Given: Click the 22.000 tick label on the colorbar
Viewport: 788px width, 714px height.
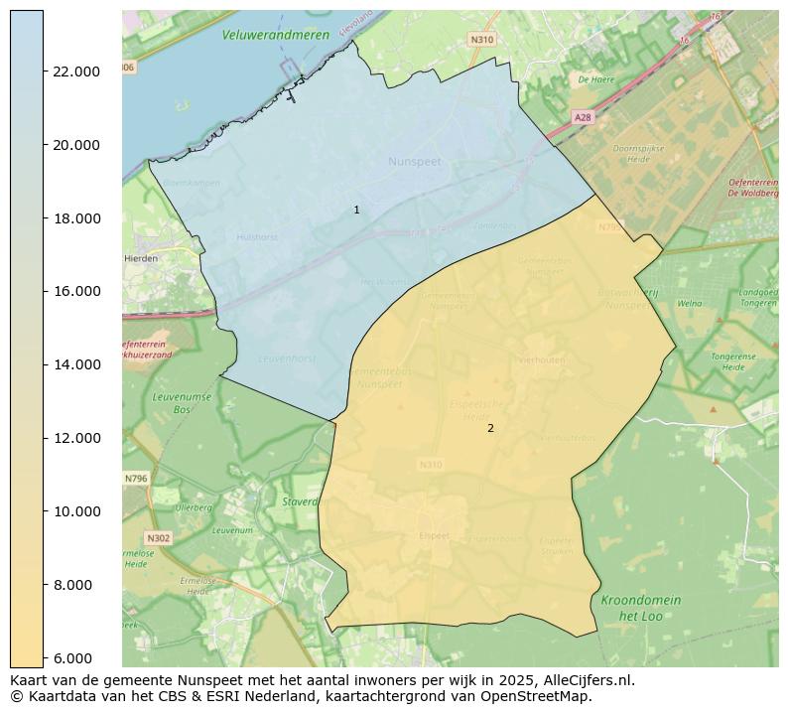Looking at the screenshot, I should click(75, 71).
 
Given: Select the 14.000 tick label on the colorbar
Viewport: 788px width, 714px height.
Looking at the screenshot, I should click(75, 364).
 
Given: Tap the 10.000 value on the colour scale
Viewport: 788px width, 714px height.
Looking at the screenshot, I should click(75, 511).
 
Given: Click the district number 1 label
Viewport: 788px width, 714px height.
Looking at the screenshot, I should click(356, 210).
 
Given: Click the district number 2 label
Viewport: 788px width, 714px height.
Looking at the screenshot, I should click(490, 428).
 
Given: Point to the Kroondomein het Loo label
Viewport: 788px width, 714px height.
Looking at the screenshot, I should click(640, 608).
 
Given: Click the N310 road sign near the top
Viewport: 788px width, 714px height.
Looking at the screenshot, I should click(481, 40).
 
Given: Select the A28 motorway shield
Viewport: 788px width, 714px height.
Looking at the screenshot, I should click(583, 117).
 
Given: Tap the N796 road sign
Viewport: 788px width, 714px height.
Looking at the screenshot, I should click(136, 479).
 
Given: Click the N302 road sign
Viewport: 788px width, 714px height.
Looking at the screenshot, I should click(159, 538).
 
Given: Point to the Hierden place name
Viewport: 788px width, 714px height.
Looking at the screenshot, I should click(140, 258).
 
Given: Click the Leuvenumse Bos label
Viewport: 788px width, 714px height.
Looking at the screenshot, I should click(175, 402).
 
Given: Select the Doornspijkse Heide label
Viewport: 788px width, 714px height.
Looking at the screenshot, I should click(637, 153).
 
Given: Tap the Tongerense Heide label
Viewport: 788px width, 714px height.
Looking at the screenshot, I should click(732, 361).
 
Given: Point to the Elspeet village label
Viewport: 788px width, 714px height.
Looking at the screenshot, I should click(434, 536).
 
